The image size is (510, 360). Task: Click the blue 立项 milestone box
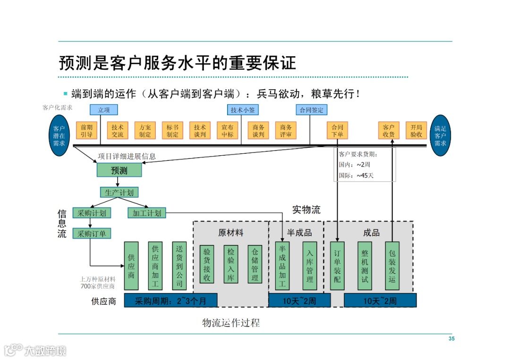(104, 110)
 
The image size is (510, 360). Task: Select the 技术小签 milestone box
(243, 110)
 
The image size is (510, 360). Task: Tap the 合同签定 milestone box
(312, 110)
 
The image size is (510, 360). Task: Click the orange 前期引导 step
(86, 131)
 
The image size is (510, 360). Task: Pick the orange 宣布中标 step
(228, 131)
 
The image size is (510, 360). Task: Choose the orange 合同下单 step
(337, 131)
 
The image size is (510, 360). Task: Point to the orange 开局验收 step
(416, 131)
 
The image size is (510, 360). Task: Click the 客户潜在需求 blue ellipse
(59, 136)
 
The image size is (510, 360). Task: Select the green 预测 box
(119, 170)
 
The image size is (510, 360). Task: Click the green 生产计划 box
(119, 193)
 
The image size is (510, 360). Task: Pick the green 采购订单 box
(92, 233)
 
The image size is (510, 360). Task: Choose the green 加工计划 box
(147, 213)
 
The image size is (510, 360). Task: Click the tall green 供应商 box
(131, 266)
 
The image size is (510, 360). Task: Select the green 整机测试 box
(365, 266)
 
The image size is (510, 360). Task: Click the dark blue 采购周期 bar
(171, 301)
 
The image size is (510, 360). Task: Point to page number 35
(451, 339)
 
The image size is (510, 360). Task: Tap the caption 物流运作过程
(231, 323)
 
